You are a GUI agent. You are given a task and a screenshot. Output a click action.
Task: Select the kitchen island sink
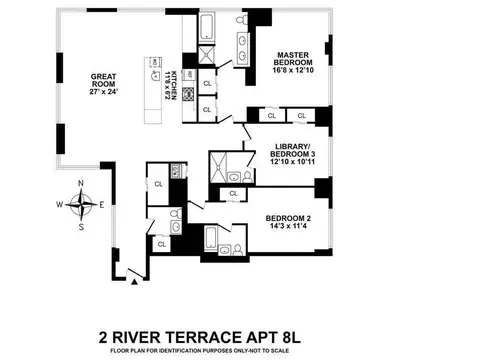(154, 71)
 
